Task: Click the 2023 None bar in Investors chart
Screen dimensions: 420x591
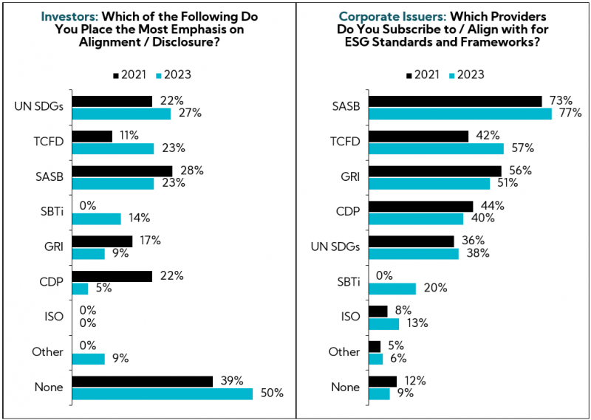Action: (x=163, y=394)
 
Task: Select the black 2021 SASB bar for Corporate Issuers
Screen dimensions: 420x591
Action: (x=455, y=100)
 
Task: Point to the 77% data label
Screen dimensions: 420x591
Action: (x=570, y=113)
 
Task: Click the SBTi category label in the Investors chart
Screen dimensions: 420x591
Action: (x=49, y=213)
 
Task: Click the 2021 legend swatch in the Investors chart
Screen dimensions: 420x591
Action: (x=116, y=75)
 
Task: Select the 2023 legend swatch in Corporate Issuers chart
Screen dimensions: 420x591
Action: (x=451, y=75)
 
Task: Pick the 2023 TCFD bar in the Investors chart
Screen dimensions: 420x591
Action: (x=113, y=148)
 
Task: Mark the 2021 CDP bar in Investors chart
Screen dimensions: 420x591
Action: (x=112, y=276)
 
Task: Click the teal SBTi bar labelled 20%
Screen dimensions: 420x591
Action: (x=392, y=289)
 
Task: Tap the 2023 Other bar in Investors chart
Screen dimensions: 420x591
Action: (x=89, y=359)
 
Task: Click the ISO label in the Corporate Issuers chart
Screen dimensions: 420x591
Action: (x=349, y=317)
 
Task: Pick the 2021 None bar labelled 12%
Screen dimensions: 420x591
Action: (x=383, y=381)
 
